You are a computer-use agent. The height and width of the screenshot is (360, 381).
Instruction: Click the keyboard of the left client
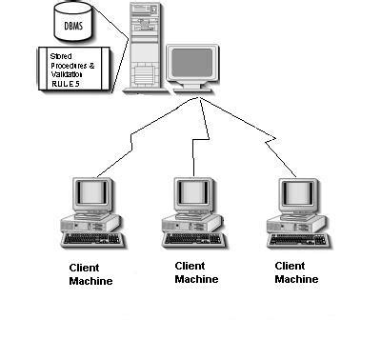click(91, 239)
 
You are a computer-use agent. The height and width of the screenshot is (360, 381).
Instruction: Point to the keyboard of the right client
click(297, 239)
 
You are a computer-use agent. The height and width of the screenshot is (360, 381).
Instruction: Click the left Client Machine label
click(90, 274)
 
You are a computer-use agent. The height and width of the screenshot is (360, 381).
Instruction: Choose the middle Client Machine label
click(196, 272)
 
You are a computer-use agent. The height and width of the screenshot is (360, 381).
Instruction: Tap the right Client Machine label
click(296, 272)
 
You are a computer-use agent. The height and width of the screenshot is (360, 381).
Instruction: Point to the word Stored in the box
click(60, 57)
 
